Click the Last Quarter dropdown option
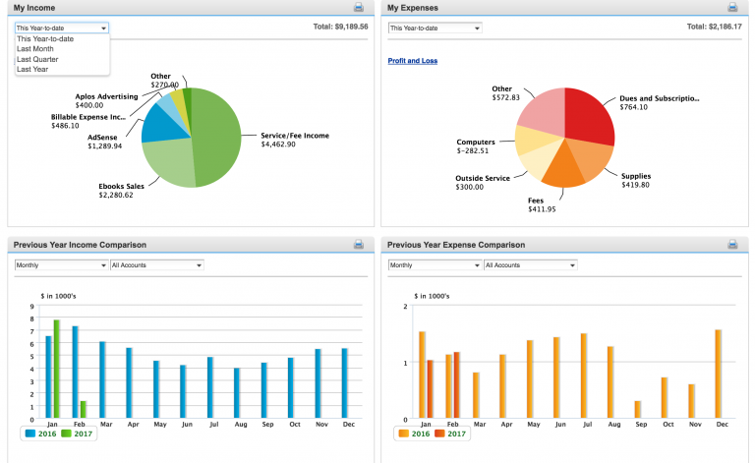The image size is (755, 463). tap(37, 59)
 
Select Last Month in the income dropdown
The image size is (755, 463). tap(35, 48)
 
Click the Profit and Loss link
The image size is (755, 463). tap(413, 61)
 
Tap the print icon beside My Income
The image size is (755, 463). tap(359, 7)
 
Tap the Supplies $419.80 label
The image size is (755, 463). tap(635, 180)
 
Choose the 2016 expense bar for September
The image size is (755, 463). tap(637, 409)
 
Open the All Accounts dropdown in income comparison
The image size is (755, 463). tap(156, 265)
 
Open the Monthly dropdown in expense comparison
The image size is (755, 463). tap(435, 265)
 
